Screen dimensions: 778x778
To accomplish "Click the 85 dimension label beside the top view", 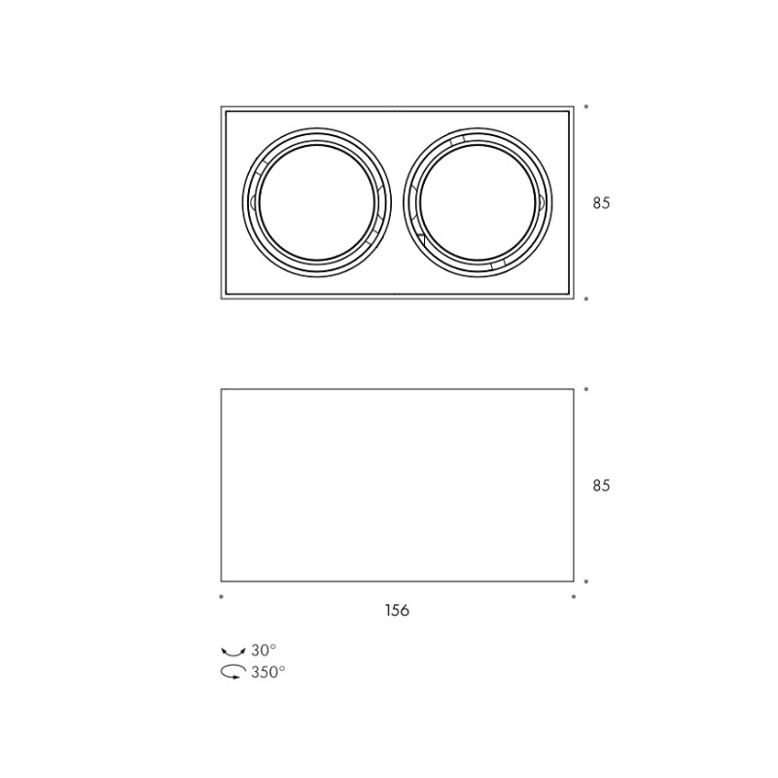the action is pyautogui.click(x=601, y=203).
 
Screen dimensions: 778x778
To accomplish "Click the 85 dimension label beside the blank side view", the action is pyautogui.click(x=601, y=485).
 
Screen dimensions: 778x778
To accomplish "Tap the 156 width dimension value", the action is pyautogui.click(x=397, y=610).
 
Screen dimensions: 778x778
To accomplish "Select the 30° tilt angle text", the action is pyautogui.click(x=264, y=650).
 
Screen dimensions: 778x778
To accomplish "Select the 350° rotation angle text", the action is pyautogui.click(x=268, y=672).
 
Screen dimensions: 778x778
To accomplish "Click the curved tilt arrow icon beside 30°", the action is pyautogui.click(x=233, y=651).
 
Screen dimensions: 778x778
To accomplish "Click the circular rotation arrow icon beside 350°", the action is pyautogui.click(x=233, y=672).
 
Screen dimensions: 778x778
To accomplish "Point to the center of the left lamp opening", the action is pyautogui.click(x=317, y=202).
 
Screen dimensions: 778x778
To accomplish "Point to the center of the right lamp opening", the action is pyautogui.click(x=477, y=202).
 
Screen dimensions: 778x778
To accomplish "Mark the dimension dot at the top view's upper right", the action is pyautogui.click(x=586, y=106).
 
